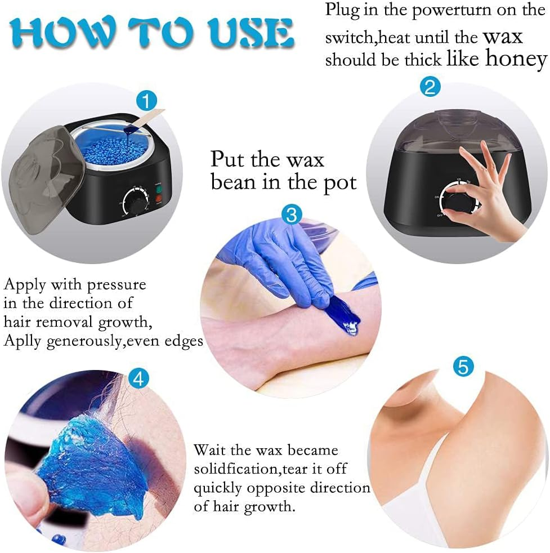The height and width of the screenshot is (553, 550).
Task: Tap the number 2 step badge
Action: point(431,87)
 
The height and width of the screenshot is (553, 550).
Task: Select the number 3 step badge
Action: point(292,215)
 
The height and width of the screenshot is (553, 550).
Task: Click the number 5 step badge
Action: point(463,367)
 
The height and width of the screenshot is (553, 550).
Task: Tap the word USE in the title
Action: point(255,32)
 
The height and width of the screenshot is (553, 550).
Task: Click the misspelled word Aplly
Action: point(25,341)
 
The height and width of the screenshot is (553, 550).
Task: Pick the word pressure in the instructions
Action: point(117,284)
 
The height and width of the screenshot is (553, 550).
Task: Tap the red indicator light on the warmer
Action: point(158,198)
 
